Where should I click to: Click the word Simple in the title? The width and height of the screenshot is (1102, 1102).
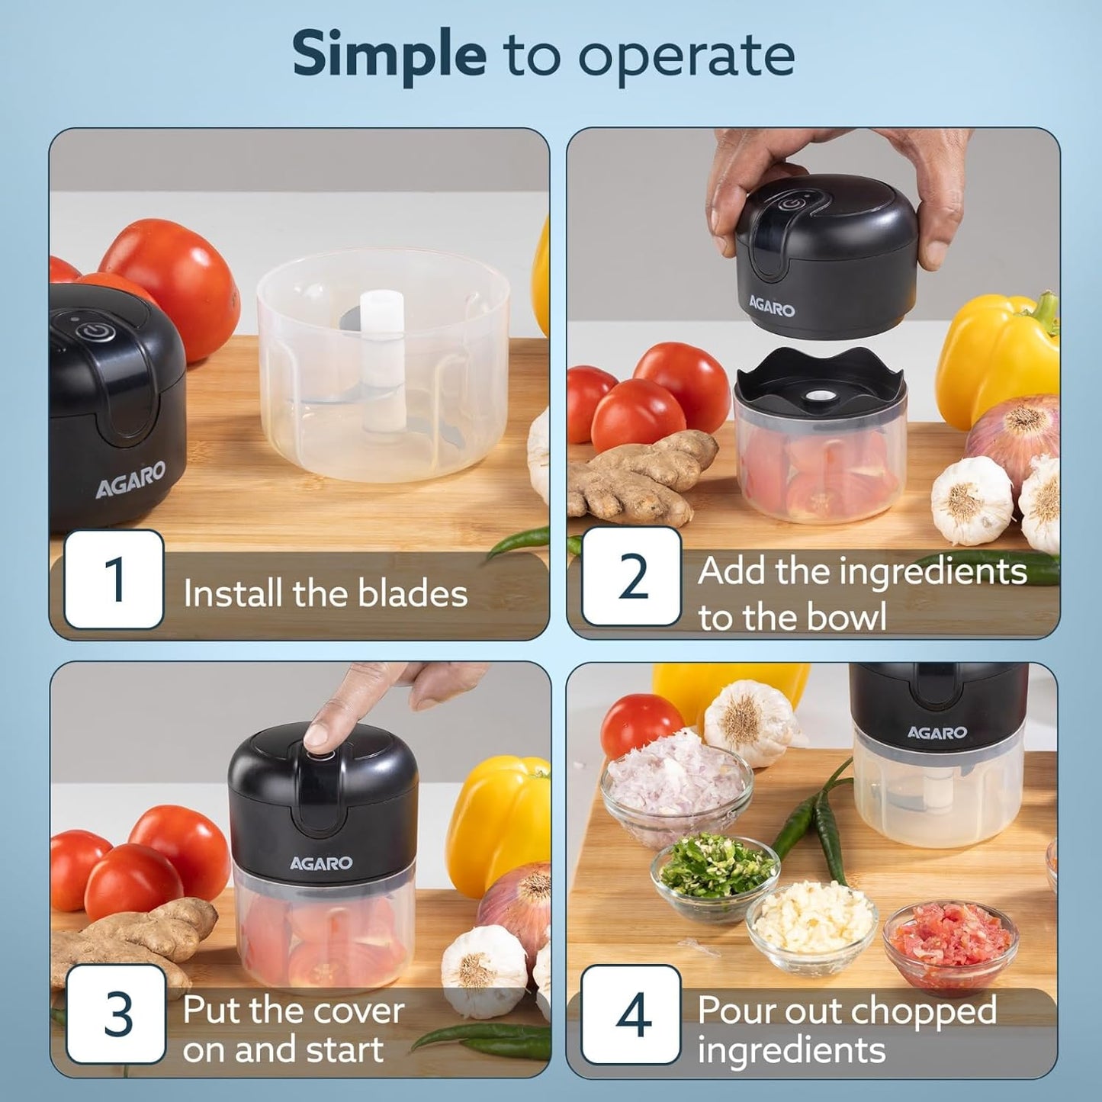coord(389,55)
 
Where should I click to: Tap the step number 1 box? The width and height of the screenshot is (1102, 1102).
coord(114,580)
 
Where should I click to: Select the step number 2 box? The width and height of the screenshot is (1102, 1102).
coord(631,577)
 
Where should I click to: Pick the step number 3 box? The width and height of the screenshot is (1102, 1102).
coord(116,1014)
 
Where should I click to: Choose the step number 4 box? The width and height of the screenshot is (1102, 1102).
coord(631,1014)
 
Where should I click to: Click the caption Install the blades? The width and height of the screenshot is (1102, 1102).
coord(325,594)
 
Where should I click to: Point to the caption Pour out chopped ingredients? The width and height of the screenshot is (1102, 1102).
coord(847,1030)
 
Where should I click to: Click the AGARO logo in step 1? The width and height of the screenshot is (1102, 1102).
coord(130,480)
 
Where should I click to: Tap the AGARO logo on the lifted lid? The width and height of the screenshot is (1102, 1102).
coord(772,307)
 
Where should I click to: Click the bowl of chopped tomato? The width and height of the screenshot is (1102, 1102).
coord(950,946)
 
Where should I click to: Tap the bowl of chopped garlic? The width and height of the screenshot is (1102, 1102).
coord(813,923)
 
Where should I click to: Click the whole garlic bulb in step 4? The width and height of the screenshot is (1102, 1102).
coord(748,721)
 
